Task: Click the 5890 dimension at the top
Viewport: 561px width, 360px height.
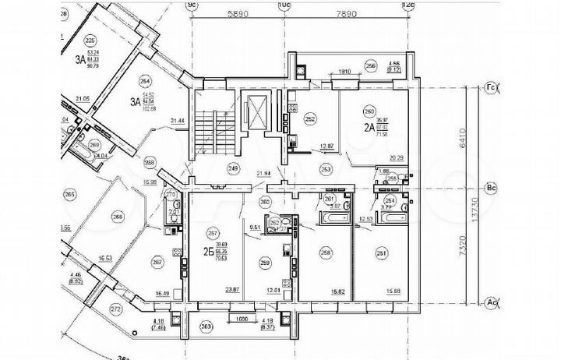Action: (237, 14)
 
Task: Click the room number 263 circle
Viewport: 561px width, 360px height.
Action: (206, 327)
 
